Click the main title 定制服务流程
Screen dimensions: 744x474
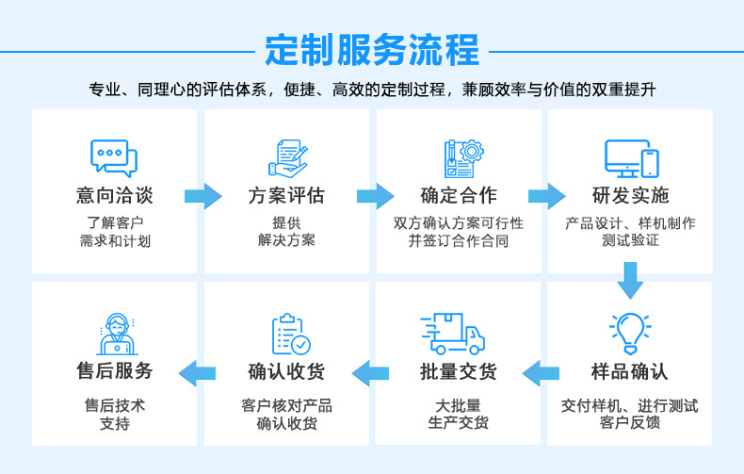coord(372,50)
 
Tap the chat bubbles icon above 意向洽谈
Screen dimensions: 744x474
coord(114,158)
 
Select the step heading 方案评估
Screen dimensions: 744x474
coord(286,195)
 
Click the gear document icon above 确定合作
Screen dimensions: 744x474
coord(463,158)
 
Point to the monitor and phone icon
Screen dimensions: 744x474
coord(632,158)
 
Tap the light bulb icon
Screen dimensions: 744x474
coord(630,334)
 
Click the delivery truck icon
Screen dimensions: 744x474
coord(452,334)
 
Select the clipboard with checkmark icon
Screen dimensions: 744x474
coord(291,334)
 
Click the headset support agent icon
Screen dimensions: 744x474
coord(117,334)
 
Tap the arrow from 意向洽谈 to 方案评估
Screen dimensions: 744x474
coord(203,196)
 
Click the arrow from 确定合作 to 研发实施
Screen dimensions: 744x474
coord(547,196)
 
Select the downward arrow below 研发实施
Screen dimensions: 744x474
coord(630,280)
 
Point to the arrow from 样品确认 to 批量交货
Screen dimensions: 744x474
coord(541,373)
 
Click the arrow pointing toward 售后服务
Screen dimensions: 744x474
coord(197,373)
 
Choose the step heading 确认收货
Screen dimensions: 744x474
coord(286,371)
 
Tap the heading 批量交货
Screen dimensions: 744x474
coord(459,371)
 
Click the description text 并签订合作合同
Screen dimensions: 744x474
coord(459,241)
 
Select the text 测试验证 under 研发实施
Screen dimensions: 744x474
coord(630,240)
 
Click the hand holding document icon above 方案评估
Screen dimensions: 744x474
coord(288,158)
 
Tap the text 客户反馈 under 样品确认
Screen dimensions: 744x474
coord(630,422)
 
